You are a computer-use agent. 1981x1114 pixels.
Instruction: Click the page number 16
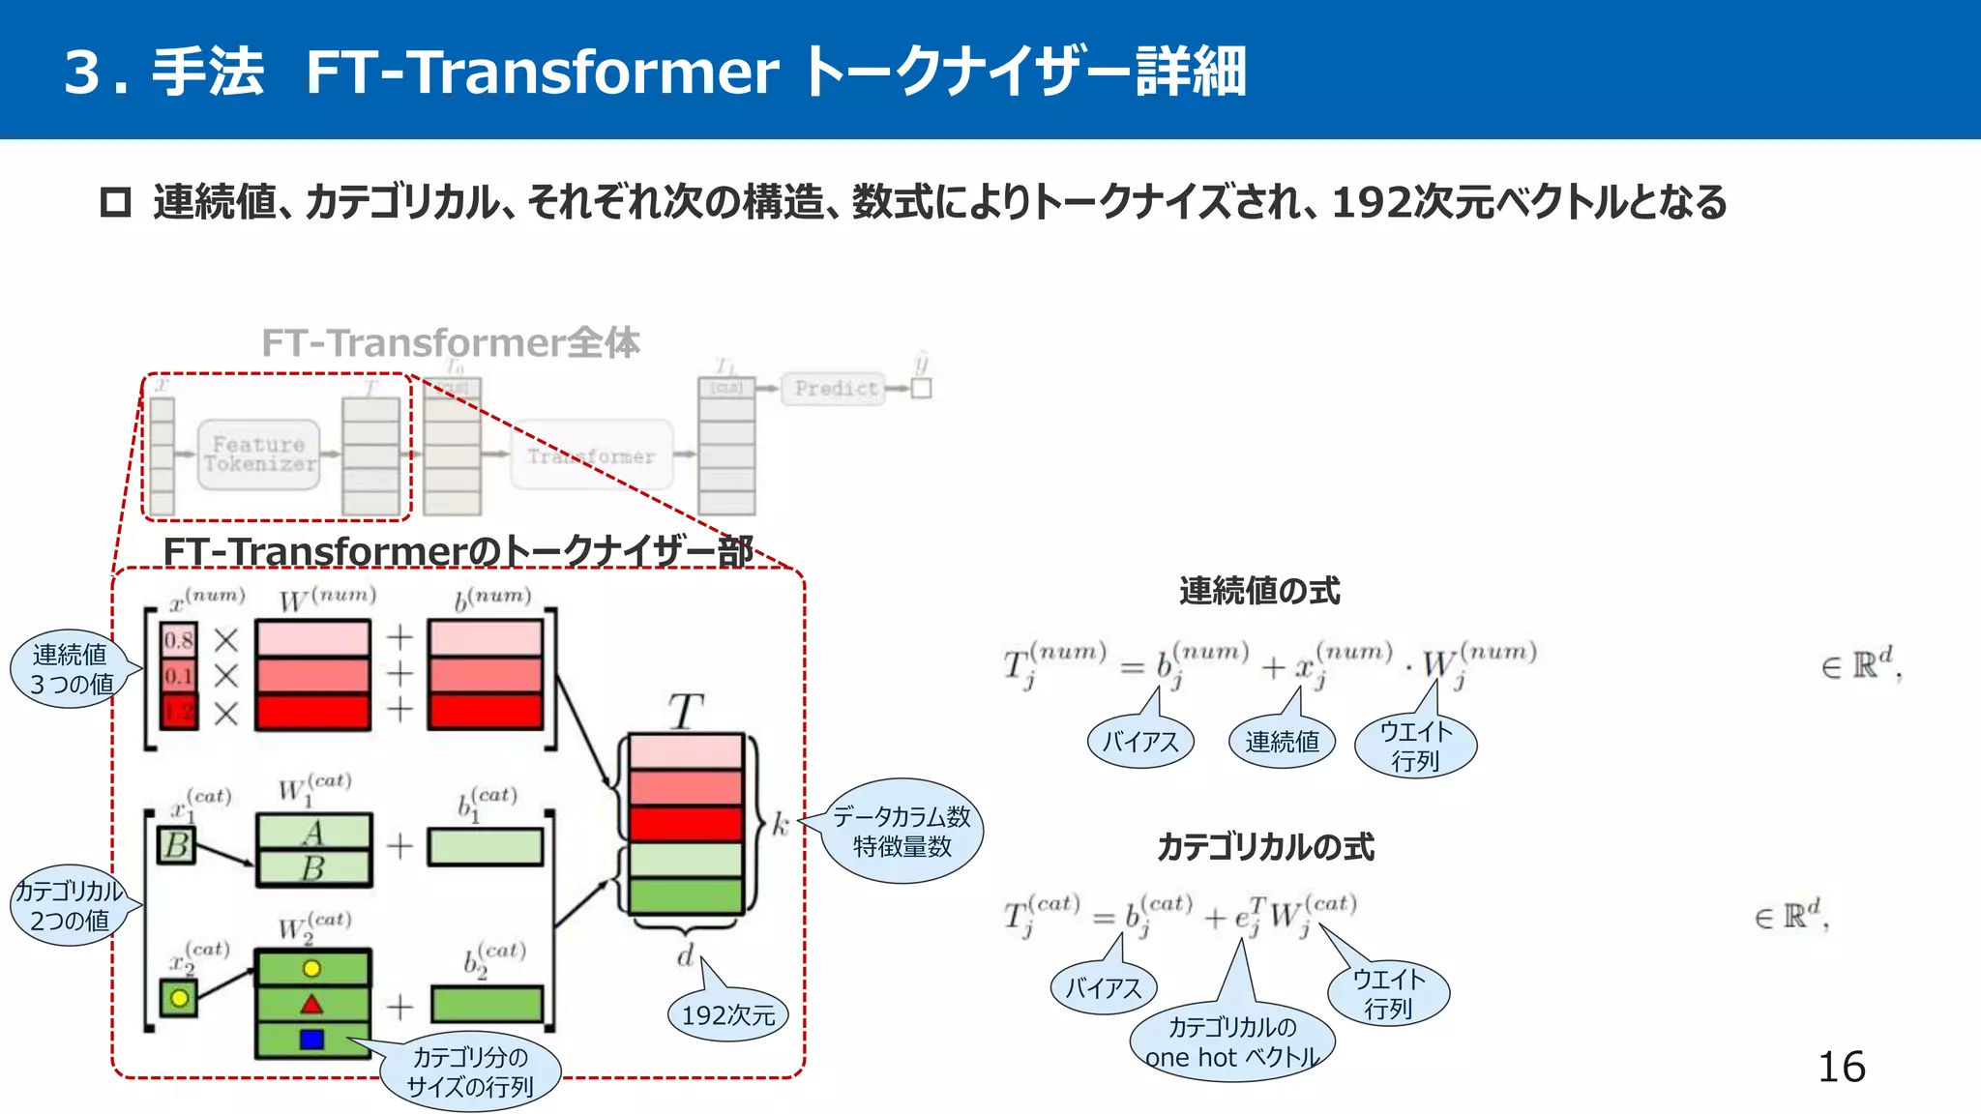(x=1841, y=1067)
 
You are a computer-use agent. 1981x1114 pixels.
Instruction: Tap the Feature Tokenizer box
(x=258, y=454)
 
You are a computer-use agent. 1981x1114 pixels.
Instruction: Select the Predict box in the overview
(x=835, y=389)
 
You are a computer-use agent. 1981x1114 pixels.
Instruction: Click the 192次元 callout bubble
(x=728, y=1014)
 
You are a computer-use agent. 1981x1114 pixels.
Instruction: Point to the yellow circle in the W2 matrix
(x=311, y=968)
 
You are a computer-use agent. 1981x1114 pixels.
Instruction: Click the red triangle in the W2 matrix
(x=311, y=1005)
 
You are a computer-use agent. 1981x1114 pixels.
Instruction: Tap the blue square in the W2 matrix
(x=311, y=1040)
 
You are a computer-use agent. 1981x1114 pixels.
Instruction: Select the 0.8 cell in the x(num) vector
(x=179, y=640)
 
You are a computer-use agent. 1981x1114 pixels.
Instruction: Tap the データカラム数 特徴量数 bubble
(x=902, y=832)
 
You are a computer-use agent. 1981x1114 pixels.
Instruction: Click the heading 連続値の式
(x=1259, y=590)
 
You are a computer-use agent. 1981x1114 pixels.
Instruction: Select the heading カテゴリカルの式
(x=1265, y=847)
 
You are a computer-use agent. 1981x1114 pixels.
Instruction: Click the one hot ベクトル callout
(x=1231, y=1042)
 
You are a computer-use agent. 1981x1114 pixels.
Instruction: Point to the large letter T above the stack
(x=686, y=713)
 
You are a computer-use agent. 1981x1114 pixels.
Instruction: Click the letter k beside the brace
(x=780, y=825)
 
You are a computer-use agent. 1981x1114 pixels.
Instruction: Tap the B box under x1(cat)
(x=177, y=846)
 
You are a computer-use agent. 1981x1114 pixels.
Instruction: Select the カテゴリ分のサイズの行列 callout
(x=470, y=1071)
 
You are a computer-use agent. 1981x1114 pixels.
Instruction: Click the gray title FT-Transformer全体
(x=451, y=342)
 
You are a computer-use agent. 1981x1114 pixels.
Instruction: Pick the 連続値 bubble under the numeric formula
(x=1282, y=742)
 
